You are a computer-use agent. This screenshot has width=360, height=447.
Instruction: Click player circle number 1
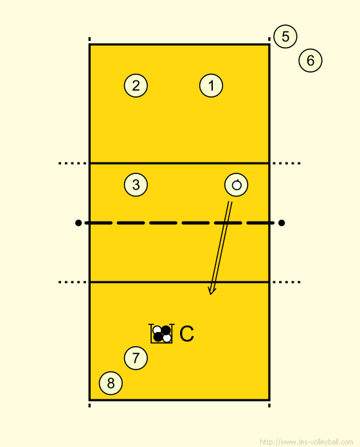pyautogui.click(x=211, y=85)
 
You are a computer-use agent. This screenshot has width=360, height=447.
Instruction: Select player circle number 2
pyautogui.click(x=136, y=85)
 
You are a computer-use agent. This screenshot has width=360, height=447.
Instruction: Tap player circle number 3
pyautogui.click(x=136, y=185)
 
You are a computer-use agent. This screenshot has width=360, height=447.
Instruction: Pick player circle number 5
pyautogui.click(x=285, y=37)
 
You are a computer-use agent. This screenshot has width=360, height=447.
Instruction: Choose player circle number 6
pyautogui.click(x=310, y=60)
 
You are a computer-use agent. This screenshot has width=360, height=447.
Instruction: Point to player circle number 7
pyautogui.click(x=136, y=358)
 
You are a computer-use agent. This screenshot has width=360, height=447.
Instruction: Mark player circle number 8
pyautogui.click(x=111, y=383)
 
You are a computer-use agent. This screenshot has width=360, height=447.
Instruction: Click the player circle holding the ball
pyautogui.click(x=236, y=185)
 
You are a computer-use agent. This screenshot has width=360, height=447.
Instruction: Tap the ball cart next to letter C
pyautogui.click(x=161, y=333)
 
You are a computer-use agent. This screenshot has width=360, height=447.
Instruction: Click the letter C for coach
pyautogui.click(x=187, y=333)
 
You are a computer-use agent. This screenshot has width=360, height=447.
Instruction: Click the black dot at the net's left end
pyautogui.click(x=78, y=223)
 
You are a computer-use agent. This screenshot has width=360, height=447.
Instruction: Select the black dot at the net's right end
pyautogui.click(x=282, y=223)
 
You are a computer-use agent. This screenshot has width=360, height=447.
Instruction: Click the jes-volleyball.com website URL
pyautogui.click(x=307, y=442)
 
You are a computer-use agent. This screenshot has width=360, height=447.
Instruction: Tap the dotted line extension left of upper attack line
pyautogui.click(x=73, y=163)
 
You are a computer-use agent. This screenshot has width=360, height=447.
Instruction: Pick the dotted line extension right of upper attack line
pyautogui.click(x=287, y=163)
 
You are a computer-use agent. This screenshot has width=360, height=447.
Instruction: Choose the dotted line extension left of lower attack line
pyautogui.click(x=73, y=282)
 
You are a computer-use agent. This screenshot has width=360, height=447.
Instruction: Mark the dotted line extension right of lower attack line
pyautogui.click(x=287, y=282)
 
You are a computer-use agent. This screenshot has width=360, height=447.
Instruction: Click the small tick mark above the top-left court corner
pyautogui.click(x=89, y=39)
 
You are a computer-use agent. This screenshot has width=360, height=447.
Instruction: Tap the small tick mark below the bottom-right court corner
pyautogui.click(x=269, y=405)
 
